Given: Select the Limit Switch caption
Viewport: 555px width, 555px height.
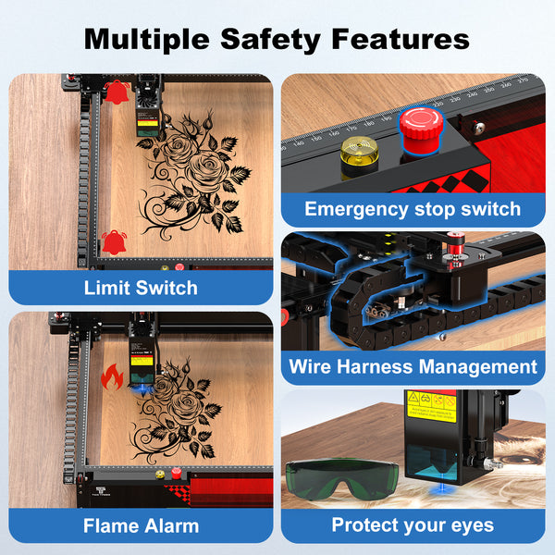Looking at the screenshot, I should (141, 287).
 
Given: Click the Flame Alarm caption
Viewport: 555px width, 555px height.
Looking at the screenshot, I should (141, 525).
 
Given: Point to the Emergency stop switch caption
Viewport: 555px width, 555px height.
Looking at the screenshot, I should (413, 209).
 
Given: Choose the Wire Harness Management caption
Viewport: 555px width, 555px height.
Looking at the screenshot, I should (413, 366).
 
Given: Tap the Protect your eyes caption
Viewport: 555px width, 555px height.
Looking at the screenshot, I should (413, 525).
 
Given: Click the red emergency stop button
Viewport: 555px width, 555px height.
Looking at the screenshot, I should (418, 125).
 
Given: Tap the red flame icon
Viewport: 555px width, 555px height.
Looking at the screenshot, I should (112, 376).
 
